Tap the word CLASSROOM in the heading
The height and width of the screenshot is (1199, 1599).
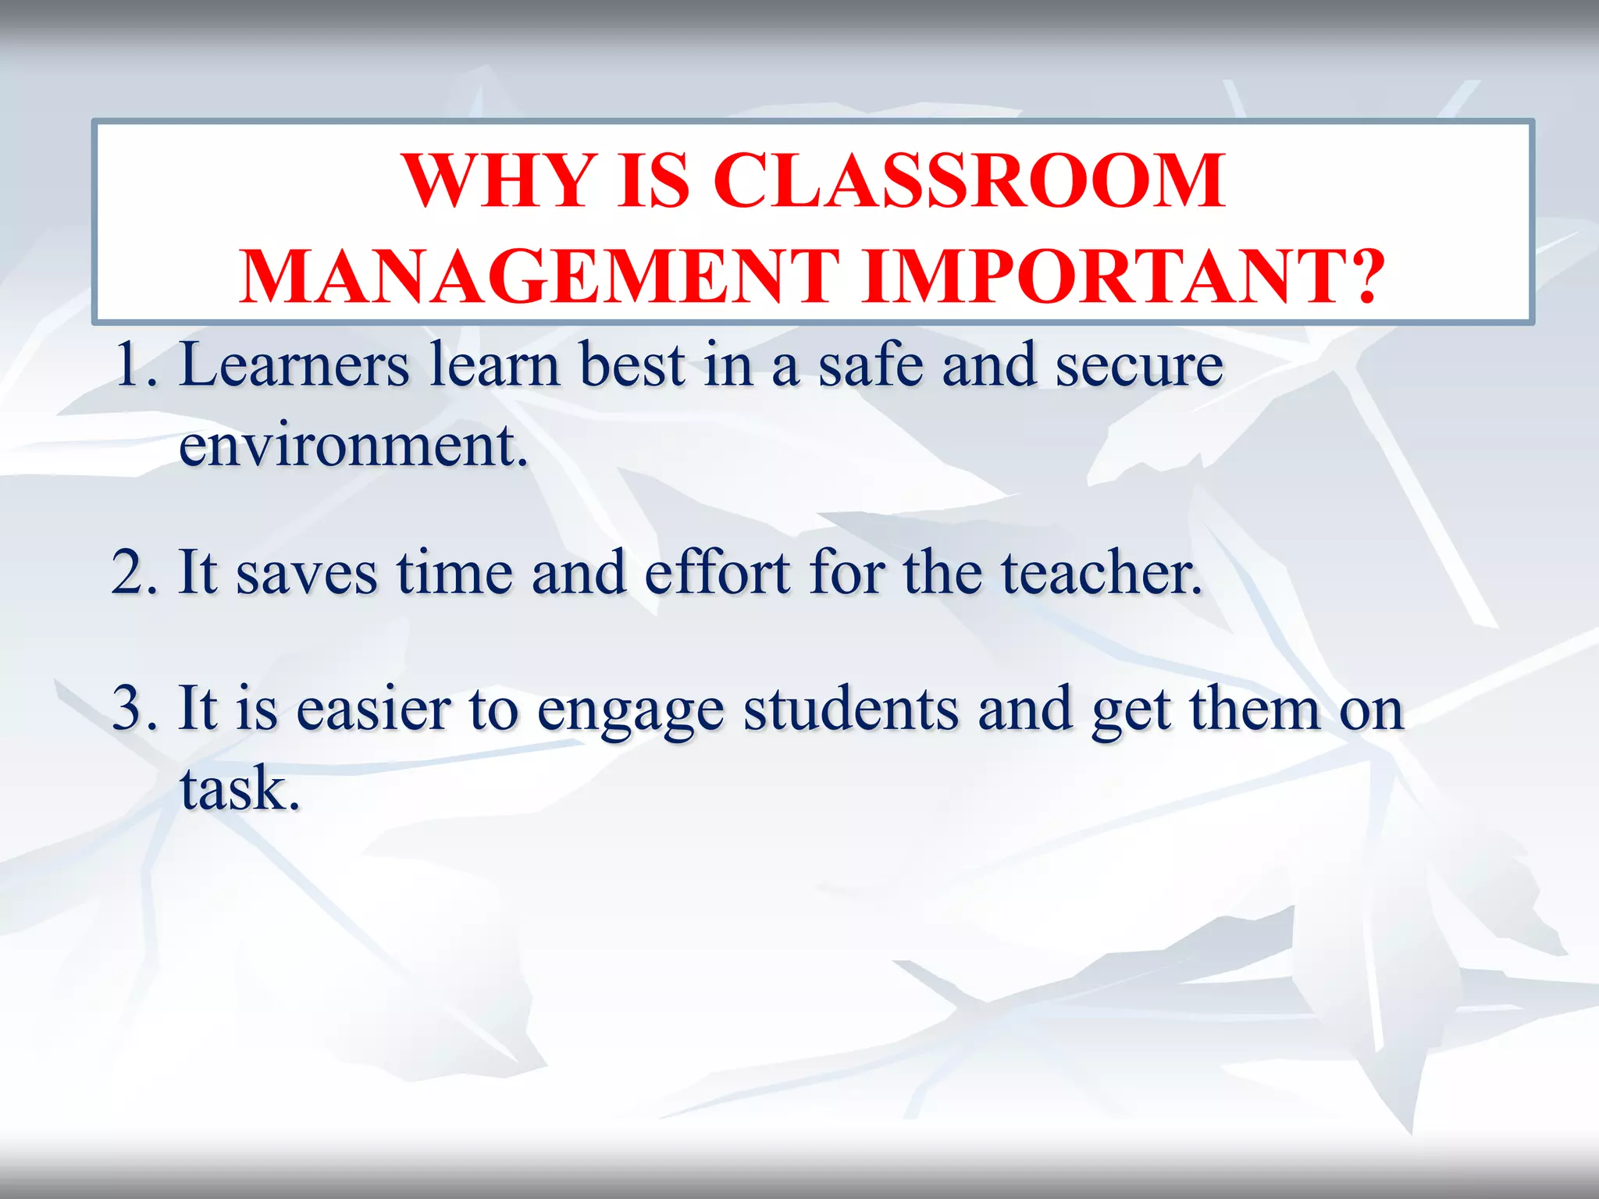[969, 181]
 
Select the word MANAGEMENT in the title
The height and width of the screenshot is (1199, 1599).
[540, 276]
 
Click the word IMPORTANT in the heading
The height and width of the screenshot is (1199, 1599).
[1108, 276]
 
